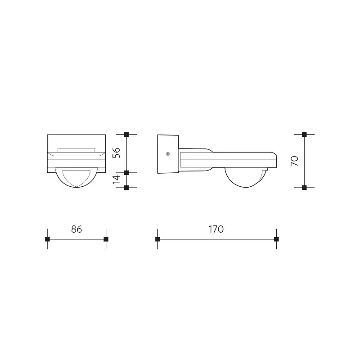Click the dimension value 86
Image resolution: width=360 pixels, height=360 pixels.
76,229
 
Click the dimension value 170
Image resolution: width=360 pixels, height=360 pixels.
216,229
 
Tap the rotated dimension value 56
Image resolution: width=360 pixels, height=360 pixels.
117,153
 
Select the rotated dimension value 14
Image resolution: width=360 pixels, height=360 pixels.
117,179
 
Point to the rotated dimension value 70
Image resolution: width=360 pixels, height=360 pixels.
294,161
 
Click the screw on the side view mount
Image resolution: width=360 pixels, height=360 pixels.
168,154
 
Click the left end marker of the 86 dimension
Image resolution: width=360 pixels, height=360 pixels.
47,239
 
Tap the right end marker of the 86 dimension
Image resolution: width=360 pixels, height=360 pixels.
106,239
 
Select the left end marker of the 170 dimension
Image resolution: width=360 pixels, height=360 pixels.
157,239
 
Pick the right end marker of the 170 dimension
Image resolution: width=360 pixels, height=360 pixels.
276,239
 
